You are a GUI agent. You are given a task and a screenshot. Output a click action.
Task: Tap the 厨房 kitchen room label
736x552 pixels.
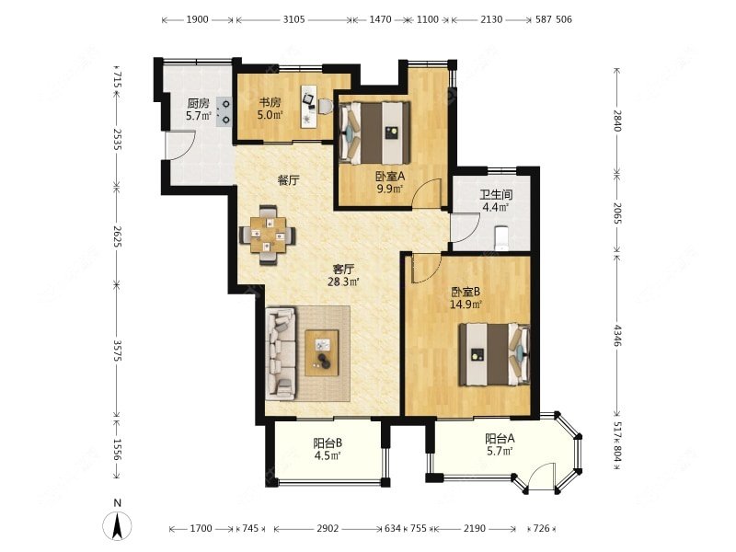(x=198, y=103)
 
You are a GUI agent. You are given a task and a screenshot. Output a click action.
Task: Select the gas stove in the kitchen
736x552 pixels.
(x=224, y=111)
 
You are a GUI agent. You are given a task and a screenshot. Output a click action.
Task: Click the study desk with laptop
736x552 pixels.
(x=309, y=107)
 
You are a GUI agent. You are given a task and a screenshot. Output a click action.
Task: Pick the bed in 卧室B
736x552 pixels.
(x=494, y=354)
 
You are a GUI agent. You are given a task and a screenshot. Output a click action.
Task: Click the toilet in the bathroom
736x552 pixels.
(x=501, y=237)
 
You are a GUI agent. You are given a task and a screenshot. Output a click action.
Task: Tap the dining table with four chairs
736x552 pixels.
(x=268, y=235)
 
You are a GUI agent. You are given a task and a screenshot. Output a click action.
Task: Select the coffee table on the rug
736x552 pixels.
(x=322, y=352)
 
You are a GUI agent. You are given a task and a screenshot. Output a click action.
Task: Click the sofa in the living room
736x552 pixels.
(x=281, y=353)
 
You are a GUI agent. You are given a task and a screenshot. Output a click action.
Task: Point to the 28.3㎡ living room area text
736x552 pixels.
(x=344, y=282)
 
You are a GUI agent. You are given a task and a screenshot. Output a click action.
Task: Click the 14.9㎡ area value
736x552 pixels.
(x=466, y=305)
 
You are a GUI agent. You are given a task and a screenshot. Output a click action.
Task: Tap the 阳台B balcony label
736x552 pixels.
(x=328, y=443)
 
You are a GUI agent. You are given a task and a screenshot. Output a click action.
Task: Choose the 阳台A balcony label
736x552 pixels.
(x=500, y=439)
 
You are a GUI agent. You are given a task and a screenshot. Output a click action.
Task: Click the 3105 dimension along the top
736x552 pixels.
(x=293, y=19)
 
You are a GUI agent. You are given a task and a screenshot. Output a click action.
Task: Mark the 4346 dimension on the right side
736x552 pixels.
(x=617, y=335)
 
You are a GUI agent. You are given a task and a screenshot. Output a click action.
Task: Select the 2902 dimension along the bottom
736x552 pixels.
(x=328, y=528)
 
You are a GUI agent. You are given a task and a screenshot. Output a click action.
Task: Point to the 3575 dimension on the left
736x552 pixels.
(x=118, y=350)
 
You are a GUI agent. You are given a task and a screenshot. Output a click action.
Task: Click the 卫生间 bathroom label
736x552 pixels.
(x=496, y=194)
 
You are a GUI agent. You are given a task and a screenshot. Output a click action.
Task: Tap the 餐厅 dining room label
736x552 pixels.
(x=288, y=180)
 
